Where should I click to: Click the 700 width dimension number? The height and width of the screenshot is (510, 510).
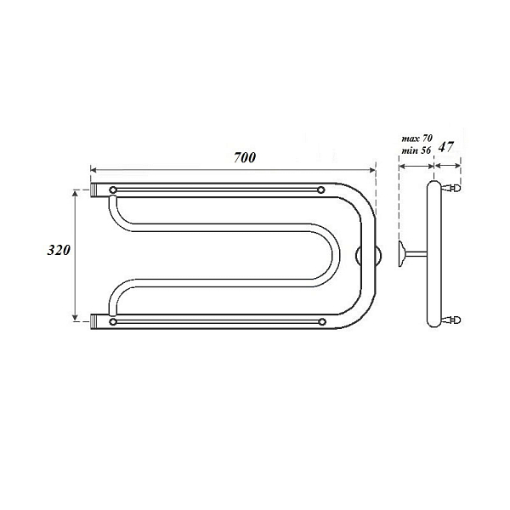click(x=245, y=158)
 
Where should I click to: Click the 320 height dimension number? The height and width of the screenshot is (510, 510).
click(x=59, y=250)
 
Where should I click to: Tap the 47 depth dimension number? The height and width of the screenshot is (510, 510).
click(x=445, y=147)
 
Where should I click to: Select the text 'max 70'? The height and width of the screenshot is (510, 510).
click(x=417, y=139)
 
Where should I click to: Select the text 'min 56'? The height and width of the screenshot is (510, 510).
click(x=416, y=150)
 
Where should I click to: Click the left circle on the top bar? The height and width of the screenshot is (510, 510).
click(x=113, y=190)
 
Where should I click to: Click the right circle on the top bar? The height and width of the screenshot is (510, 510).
click(x=320, y=190)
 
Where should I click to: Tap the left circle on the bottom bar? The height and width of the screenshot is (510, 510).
click(x=113, y=322)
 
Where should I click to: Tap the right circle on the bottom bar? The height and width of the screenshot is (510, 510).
click(x=322, y=322)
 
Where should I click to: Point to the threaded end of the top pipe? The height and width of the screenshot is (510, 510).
click(x=94, y=190)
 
